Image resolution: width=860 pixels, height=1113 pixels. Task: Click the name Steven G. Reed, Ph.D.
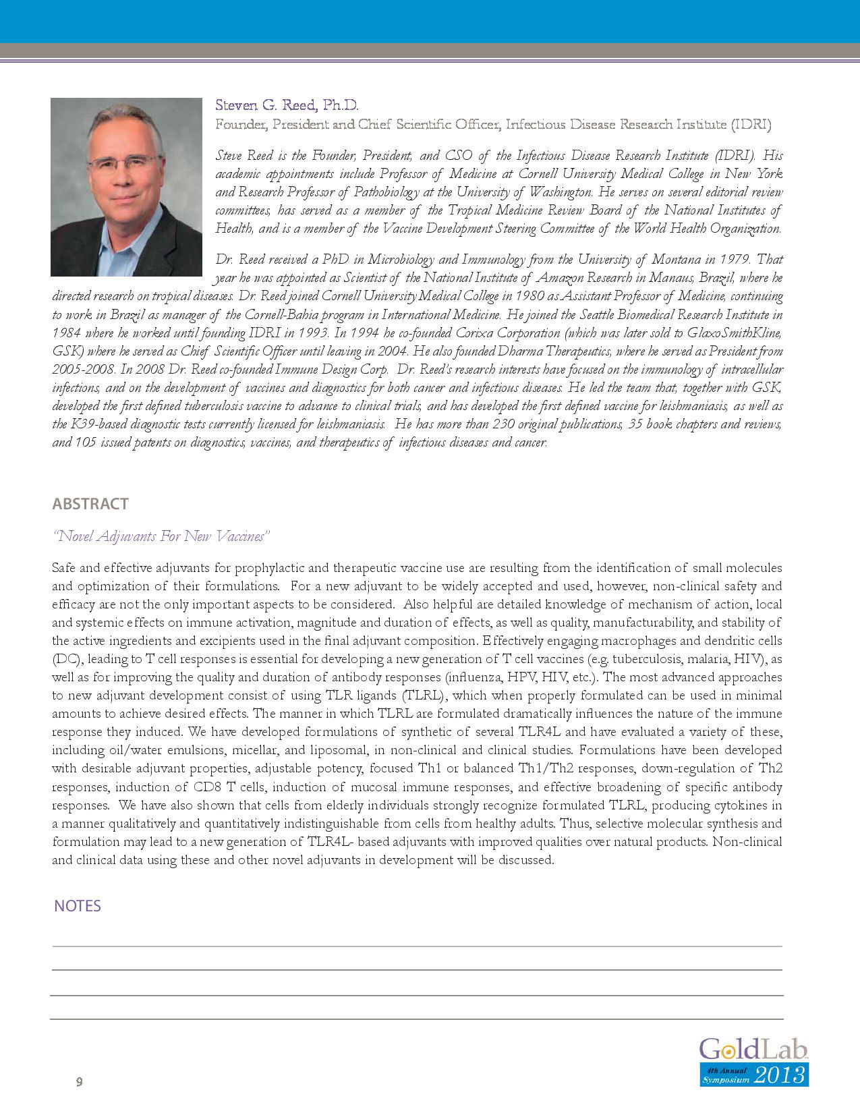coord(287,105)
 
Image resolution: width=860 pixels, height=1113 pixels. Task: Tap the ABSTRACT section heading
coord(90,504)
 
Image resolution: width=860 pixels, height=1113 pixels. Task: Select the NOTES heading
coord(78,906)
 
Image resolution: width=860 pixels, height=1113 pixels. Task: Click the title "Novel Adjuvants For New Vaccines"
coord(161,536)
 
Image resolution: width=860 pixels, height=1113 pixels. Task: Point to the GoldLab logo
coord(753,1050)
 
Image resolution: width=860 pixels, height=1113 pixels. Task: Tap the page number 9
coord(80,1082)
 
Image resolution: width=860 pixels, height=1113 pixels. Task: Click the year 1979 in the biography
coord(736,260)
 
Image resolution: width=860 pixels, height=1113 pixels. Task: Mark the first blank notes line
coord(417,946)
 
